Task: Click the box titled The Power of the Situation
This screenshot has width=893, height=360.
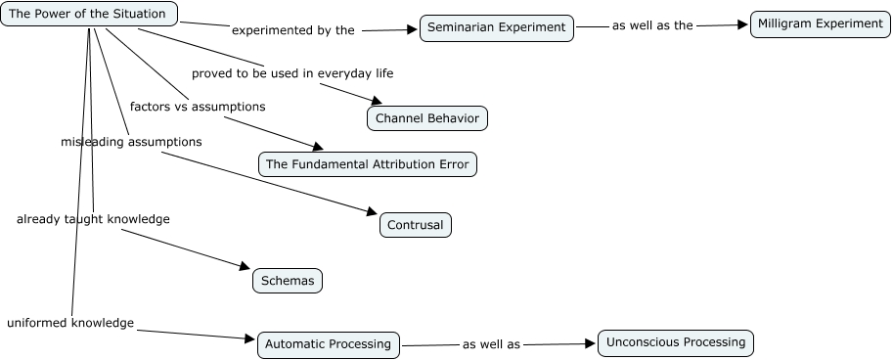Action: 89,14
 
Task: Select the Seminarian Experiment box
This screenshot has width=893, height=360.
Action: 497,28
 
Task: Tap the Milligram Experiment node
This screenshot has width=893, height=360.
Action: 820,24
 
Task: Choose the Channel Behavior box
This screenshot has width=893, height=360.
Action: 427,118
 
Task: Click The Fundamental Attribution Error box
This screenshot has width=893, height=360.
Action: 368,164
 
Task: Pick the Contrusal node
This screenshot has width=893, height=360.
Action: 415,225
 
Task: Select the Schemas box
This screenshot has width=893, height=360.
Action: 288,281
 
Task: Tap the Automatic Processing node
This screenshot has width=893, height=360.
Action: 328,344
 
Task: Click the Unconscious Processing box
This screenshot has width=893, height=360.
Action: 676,343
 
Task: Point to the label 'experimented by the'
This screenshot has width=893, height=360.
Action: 293,30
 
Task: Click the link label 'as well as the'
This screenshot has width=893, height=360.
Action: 652,25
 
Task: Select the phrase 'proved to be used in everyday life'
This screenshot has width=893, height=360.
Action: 292,73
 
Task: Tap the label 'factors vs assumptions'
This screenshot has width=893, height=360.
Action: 198,107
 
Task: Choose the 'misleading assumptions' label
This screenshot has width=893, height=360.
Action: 131,142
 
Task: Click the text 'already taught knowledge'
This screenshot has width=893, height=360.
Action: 93,219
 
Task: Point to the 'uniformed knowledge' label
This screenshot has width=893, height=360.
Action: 70,323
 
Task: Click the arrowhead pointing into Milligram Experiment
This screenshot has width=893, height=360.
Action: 742,24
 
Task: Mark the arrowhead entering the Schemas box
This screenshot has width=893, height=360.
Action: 245,266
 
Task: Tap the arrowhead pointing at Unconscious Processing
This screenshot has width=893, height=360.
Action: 590,343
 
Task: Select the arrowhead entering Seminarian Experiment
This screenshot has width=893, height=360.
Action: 412,29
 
